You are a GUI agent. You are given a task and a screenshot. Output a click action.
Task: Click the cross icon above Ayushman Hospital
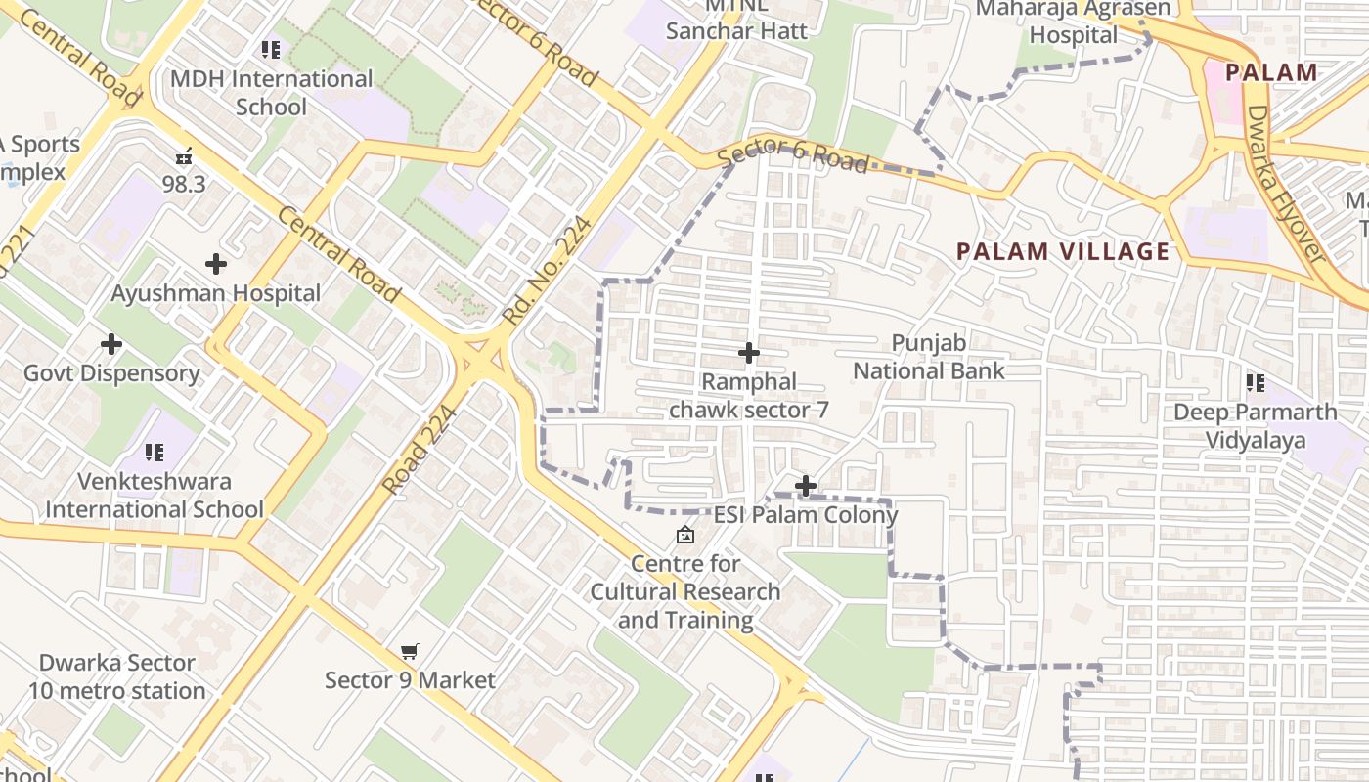[216, 264]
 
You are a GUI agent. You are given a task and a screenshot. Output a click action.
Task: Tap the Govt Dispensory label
[111, 373]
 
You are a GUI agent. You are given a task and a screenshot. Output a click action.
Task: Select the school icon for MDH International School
[271, 50]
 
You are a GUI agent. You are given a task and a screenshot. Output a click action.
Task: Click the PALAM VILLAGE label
[1063, 251]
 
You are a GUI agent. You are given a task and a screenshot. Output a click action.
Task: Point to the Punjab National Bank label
[929, 357]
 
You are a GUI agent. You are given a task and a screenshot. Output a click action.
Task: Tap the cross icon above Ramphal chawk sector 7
[749, 353]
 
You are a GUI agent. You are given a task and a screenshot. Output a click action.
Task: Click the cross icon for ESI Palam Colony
[806, 486]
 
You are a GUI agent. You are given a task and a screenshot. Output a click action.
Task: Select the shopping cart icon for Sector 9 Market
[410, 652]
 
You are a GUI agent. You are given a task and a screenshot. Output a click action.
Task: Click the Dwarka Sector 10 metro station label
[117, 676]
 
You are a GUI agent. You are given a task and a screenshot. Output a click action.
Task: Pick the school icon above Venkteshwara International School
[155, 453]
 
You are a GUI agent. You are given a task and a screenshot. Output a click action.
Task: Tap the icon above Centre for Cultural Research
[685, 535]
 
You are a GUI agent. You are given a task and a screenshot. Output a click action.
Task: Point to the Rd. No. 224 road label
[548, 271]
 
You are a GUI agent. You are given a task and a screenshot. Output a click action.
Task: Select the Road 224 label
[420, 450]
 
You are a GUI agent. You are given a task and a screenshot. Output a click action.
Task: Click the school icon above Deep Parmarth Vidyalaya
[1256, 383]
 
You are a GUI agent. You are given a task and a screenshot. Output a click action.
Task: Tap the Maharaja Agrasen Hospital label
[1074, 22]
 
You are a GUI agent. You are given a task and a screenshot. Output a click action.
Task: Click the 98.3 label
[184, 184]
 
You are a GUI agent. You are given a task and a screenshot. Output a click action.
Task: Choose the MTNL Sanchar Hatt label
[737, 20]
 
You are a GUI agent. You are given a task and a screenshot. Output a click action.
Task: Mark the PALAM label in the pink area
[1271, 72]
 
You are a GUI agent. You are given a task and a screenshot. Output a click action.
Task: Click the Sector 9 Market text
[410, 680]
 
